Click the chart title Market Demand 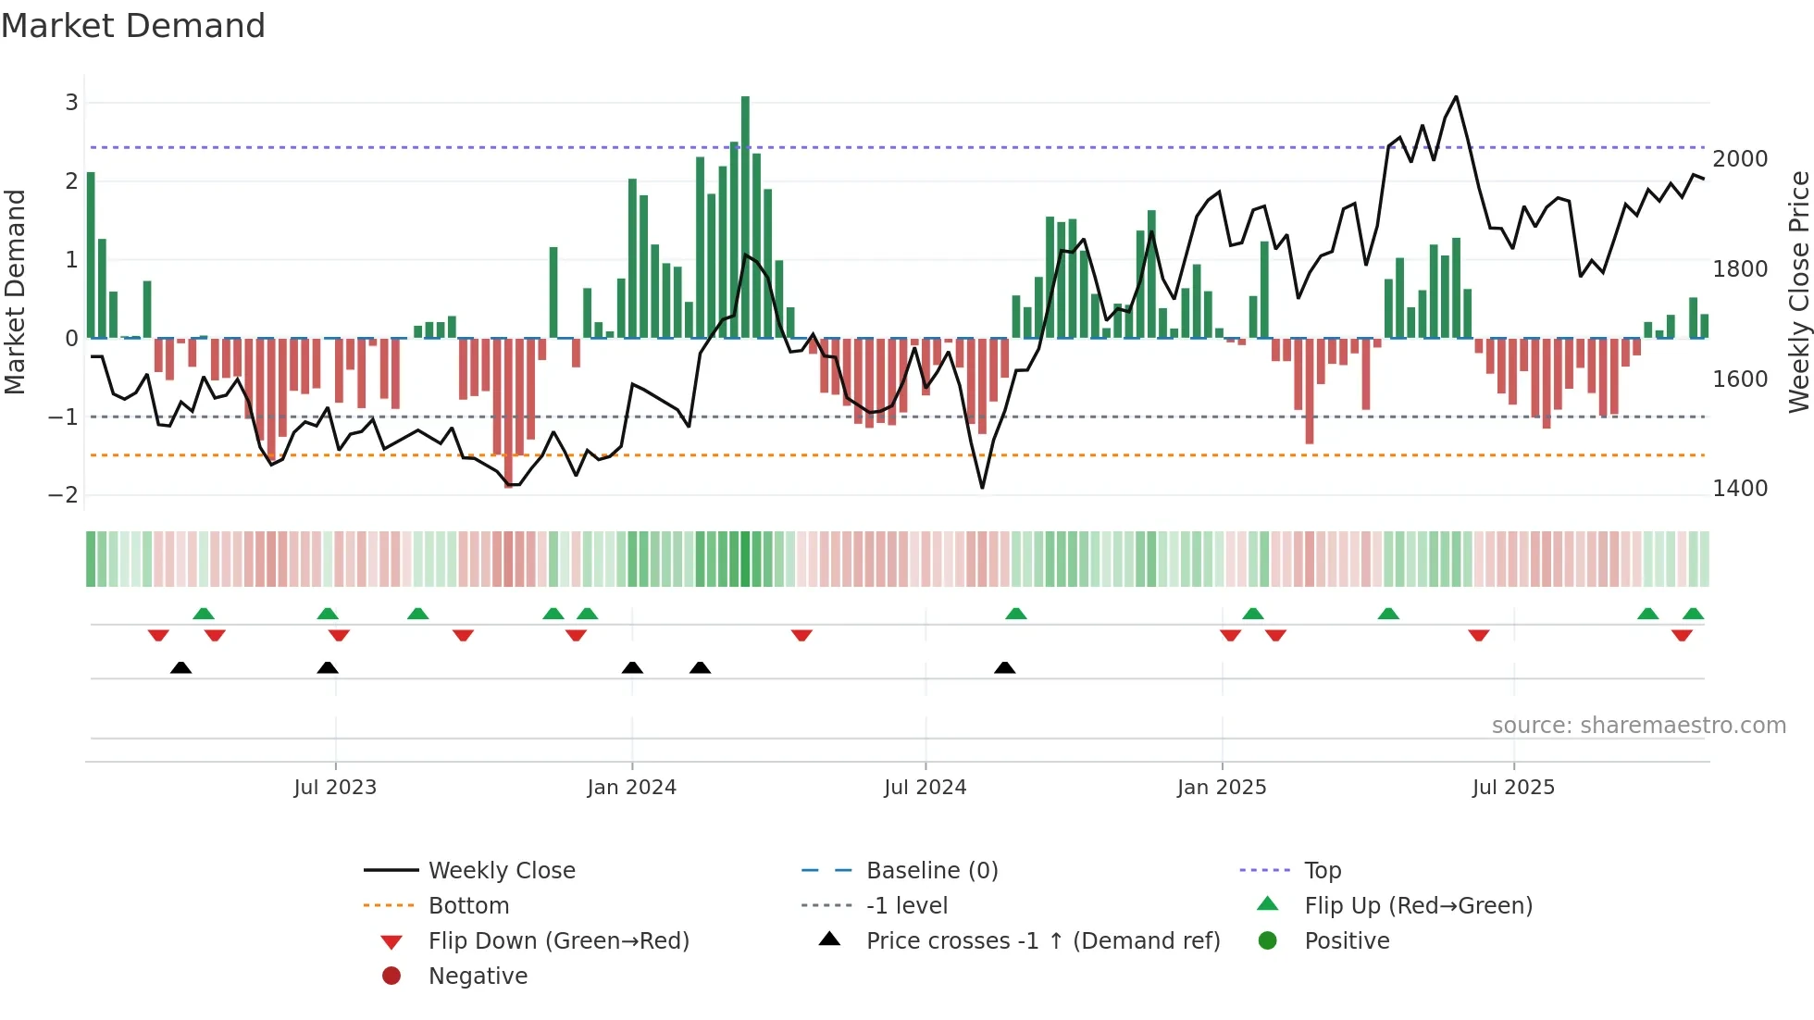pos(133,26)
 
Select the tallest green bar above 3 pos(745,213)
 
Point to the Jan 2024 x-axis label pos(631,788)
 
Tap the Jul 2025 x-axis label pos(1513,788)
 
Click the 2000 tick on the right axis pos(1740,159)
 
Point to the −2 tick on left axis pos(63,494)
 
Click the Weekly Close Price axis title pos(1798,292)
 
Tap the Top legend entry pos(1323,871)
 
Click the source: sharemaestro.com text pos(1638,726)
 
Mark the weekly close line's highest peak pos(1456,97)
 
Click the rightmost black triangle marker pos(1004,667)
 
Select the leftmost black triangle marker pos(181,667)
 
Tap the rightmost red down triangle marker pos(1682,635)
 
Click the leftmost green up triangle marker pos(204,614)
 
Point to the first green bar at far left pos(91,255)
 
